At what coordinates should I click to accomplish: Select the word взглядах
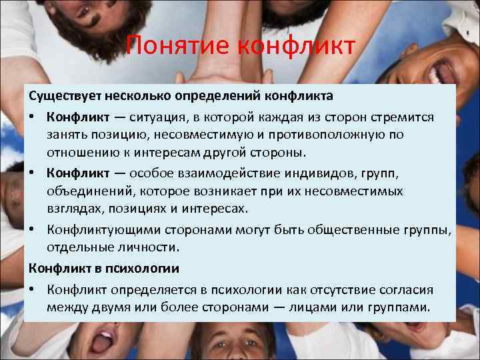pyautogui.click(x=72, y=209)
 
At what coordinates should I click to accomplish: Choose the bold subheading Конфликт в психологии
pyautogui.click(x=103, y=269)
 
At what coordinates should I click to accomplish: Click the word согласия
pyautogui.click(x=407, y=290)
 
